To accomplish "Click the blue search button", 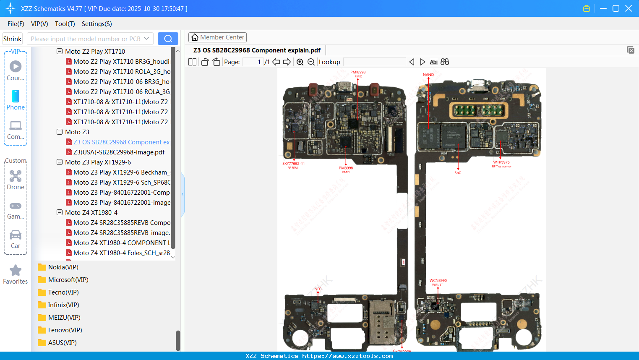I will (168, 39).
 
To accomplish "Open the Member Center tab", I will (217, 37).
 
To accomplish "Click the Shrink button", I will (13, 39).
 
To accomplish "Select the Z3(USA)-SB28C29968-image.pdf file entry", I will (119, 152).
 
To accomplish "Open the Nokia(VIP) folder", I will (63, 267).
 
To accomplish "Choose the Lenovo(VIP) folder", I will (65, 330).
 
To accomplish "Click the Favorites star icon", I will (16, 271).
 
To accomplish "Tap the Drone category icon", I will (16, 176).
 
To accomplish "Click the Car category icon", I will (16, 235).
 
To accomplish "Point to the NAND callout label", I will (428, 75).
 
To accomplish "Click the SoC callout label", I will (458, 173).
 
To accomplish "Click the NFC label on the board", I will (318, 289).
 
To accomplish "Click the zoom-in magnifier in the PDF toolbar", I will (300, 62).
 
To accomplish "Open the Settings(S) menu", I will (97, 24).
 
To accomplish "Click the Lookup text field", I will (374, 62).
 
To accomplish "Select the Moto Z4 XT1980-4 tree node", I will (91, 213).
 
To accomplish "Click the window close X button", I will (629, 8).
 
